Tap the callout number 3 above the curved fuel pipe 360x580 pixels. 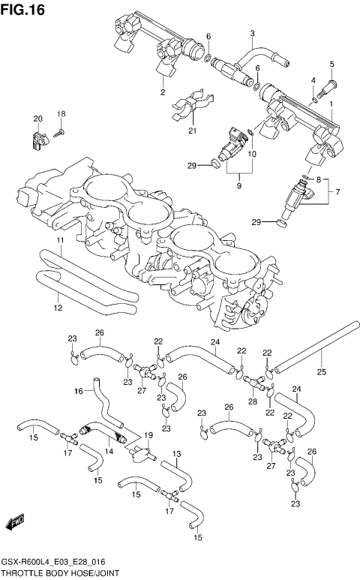[x=253, y=33]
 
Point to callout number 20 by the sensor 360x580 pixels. [x=37, y=119]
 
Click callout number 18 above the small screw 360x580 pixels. [x=61, y=113]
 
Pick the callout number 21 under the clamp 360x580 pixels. [x=192, y=132]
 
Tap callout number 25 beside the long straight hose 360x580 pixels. [x=321, y=371]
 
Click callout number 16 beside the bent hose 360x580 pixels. [x=78, y=391]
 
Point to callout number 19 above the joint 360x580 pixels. [x=148, y=435]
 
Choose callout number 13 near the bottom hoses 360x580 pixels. [x=177, y=455]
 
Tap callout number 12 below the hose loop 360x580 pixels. [x=57, y=308]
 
